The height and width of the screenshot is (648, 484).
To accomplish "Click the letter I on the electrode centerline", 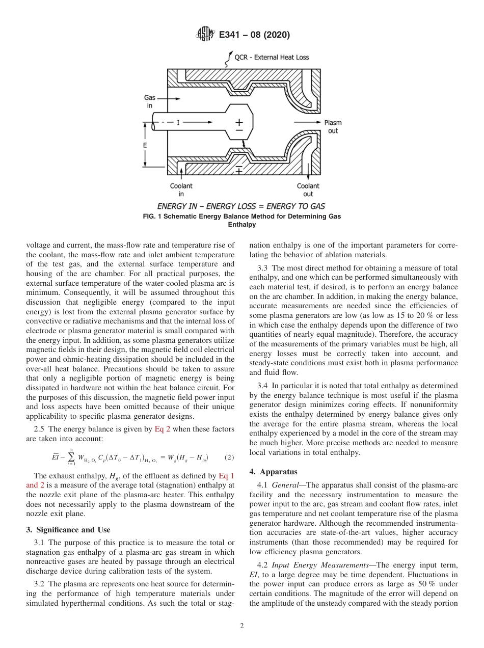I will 179,123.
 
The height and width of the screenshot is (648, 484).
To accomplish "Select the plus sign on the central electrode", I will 239,122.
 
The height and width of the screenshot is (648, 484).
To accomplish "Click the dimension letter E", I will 145,145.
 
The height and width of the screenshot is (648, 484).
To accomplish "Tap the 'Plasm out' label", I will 333,126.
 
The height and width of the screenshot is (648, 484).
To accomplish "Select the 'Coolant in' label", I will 181,190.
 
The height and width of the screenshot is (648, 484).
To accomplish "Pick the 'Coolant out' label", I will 308,190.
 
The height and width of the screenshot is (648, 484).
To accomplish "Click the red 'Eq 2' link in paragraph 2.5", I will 162,429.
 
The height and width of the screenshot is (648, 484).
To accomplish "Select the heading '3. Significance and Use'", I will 69,530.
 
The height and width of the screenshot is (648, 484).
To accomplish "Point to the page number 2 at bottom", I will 242,626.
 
